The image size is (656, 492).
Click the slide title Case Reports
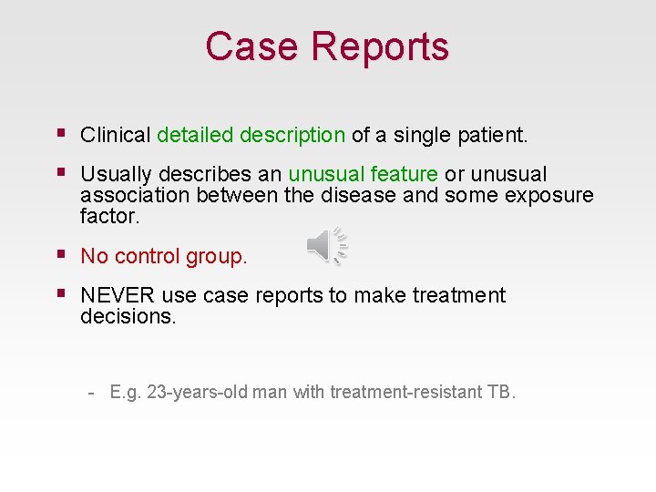(x=327, y=46)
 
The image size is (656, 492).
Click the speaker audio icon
(x=326, y=246)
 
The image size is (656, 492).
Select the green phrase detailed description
(x=251, y=136)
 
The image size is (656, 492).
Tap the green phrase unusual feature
(x=363, y=175)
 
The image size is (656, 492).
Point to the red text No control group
(x=164, y=257)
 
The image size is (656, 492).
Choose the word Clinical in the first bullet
(x=115, y=136)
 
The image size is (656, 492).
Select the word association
(x=133, y=196)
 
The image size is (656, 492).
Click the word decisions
(x=126, y=316)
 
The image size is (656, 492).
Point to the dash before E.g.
(x=92, y=393)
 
